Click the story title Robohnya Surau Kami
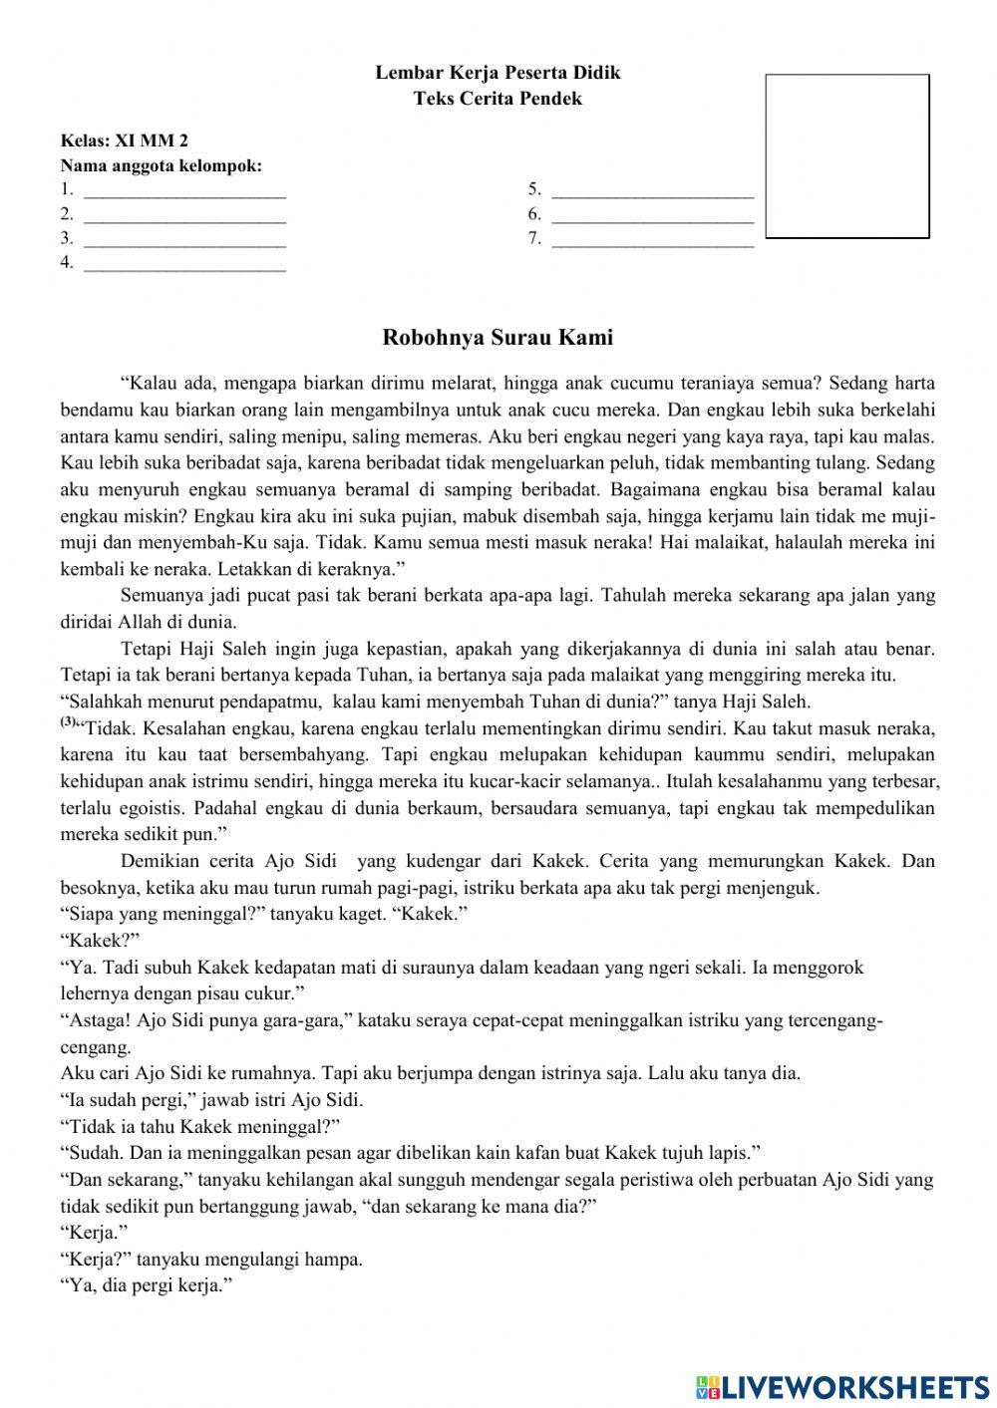(x=498, y=338)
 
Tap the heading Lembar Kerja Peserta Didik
(x=498, y=73)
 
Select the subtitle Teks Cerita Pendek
(x=498, y=99)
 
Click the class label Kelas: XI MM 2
(x=125, y=141)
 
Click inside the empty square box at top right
(x=846, y=156)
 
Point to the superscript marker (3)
(x=68, y=721)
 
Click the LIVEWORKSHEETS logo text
(x=853, y=1386)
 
